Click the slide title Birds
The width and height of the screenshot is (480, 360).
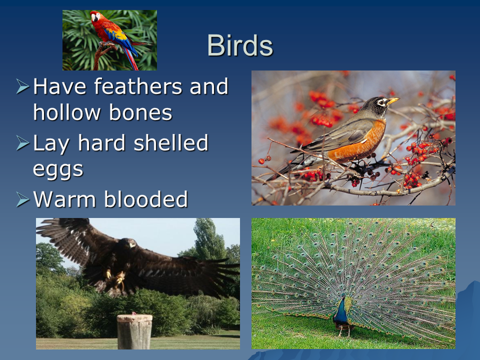(240, 45)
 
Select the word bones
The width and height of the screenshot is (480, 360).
(140, 112)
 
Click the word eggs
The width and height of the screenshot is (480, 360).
(58, 170)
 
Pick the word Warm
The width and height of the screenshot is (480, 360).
(64, 199)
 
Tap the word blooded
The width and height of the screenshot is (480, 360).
(145, 199)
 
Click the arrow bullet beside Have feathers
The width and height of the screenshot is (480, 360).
(22, 86)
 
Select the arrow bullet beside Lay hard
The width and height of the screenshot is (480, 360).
(22, 143)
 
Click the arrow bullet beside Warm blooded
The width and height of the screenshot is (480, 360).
(22, 199)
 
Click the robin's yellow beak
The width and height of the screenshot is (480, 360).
(393, 100)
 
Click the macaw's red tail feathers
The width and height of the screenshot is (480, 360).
(130, 59)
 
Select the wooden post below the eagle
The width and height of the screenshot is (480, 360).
(134, 332)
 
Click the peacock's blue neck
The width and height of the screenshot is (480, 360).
(340, 309)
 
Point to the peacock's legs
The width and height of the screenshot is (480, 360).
(344, 330)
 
